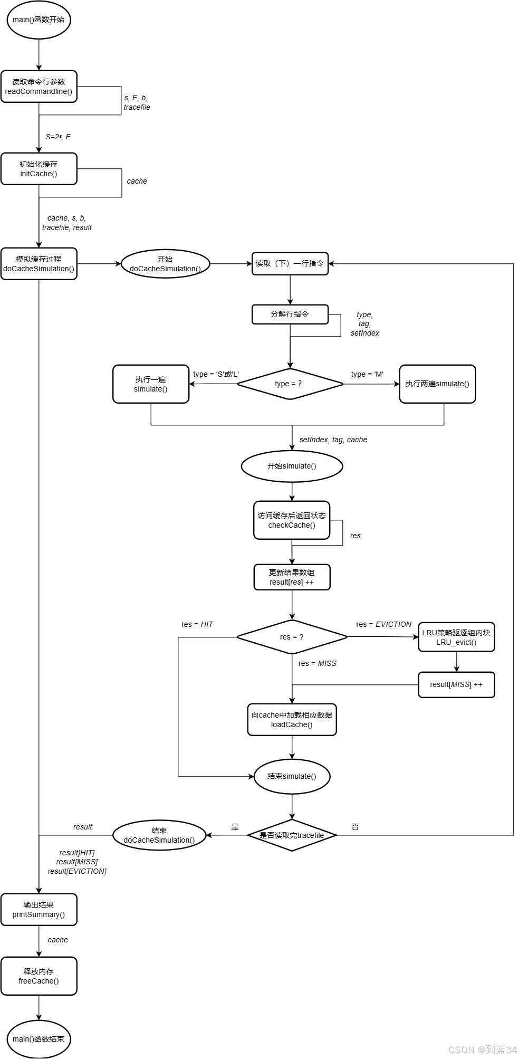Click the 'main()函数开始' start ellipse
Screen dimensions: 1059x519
pos(39,20)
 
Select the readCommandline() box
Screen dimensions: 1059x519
pos(39,87)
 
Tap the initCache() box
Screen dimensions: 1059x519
pos(39,169)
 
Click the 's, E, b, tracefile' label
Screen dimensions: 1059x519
pos(137,102)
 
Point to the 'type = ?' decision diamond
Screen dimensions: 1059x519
pos(290,384)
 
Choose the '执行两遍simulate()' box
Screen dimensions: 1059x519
pos(437,384)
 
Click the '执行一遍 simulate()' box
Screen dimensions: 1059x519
pos(151,384)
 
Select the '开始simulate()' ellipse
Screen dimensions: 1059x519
pos(292,466)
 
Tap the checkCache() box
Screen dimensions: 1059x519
pos(292,520)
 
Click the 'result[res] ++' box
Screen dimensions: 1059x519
pos(292,577)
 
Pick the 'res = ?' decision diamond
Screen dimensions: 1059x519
pos(292,637)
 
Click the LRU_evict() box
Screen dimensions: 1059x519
pos(456,637)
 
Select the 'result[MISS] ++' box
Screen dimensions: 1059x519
pos(456,684)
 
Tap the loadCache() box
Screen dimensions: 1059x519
pos(292,720)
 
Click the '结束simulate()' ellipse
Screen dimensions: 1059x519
pos(292,776)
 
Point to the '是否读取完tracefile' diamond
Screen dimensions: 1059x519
pos(292,835)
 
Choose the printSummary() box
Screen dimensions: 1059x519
pos(39,909)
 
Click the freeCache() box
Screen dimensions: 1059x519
pos(39,976)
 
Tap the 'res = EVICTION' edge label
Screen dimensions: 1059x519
pos(383,624)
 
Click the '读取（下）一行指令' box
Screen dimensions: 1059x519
pos(290,263)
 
